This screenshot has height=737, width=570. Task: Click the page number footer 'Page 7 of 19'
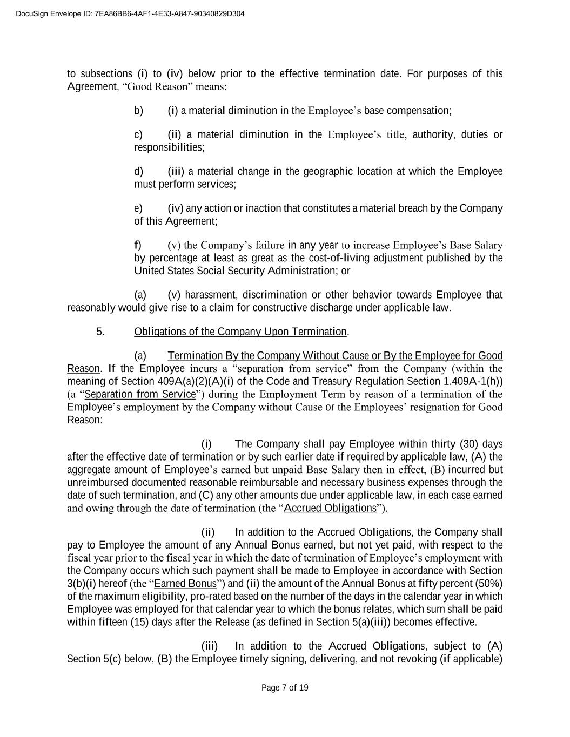tap(285, 688)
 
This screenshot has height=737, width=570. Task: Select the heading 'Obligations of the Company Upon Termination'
tap(240, 332)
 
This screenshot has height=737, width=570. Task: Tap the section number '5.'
tap(100, 332)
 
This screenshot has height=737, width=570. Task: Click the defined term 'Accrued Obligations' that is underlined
tap(330, 508)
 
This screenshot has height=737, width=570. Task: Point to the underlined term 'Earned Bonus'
tap(185, 584)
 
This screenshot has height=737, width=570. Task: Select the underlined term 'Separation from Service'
tap(140, 394)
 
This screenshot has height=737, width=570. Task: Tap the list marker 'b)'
tap(139, 111)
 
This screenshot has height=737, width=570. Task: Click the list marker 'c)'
tap(139, 134)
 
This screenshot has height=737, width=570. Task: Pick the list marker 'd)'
tap(139, 172)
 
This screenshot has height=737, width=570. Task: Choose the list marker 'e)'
tap(139, 208)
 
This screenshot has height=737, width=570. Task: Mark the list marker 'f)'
tap(138, 245)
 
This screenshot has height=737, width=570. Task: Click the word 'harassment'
tap(211, 295)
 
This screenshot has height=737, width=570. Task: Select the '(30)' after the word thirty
tap(469, 444)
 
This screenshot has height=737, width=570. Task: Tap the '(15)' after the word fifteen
tap(139, 622)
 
